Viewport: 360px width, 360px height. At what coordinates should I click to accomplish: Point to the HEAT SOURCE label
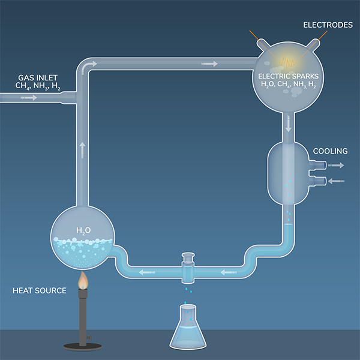tap(40, 291)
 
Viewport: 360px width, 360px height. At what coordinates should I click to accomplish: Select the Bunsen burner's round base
tap(82, 345)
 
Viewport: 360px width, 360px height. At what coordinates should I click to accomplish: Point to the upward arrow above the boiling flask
tap(82, 148)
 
